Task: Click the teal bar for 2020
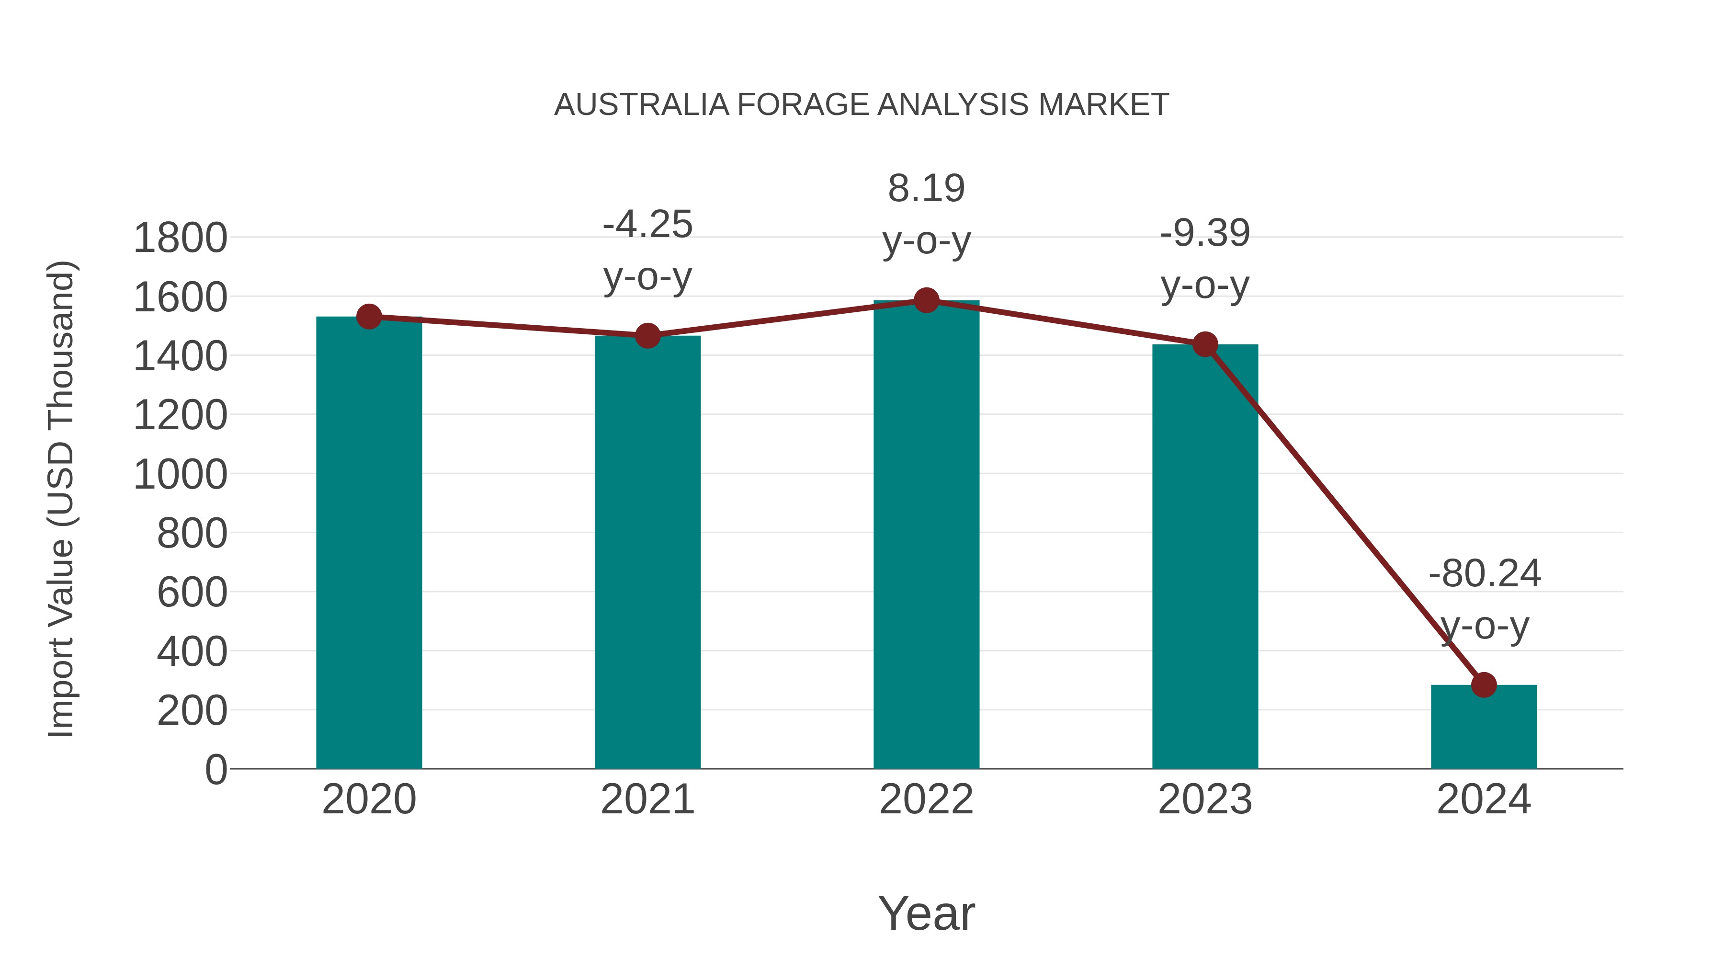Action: (x=369, y=542)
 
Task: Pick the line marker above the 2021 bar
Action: (x=647, y=335)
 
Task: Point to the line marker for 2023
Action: (x=1205, y=345)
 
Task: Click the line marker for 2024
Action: (x=1484, y=685)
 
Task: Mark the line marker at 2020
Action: (x=369, y=317)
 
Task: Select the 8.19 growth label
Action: (x=926, y=188)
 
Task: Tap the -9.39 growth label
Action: (x=1205, y=234)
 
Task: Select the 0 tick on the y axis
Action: (x=216, y=770)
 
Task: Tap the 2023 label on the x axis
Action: (x=1205, y=799)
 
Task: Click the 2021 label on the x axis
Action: (x=647, y=799)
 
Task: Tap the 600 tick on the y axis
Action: (x=192, y=593)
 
